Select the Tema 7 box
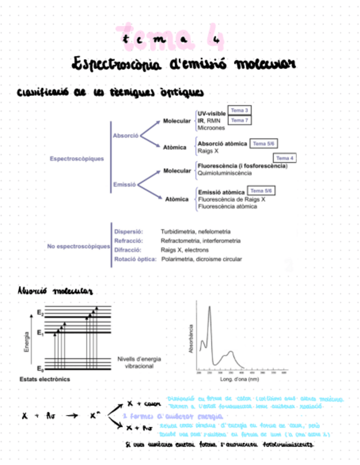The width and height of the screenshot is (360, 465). [x=239, y=120]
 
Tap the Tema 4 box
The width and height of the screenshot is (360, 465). [x=284, y=158]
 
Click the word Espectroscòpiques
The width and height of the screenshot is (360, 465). [x=76, y=159]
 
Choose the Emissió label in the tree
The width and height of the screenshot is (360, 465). [x=124, y=184]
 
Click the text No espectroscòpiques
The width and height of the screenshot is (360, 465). [x=78, y=247]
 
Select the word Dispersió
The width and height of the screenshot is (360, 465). [x=128, y=232]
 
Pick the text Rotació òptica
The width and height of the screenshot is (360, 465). [x=136, y=259]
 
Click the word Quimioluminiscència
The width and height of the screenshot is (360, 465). [x=224, y=173]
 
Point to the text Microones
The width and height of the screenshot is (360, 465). [x=211, y=128]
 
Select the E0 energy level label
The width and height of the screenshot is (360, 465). [x=40, y=368]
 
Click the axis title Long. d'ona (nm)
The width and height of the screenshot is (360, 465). [x=239, y=379]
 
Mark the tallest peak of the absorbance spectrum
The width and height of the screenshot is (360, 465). [x=210, y=308]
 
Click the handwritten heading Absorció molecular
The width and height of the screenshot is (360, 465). [x=55, y=291]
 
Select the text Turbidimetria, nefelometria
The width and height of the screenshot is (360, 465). [x=195, y=232]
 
